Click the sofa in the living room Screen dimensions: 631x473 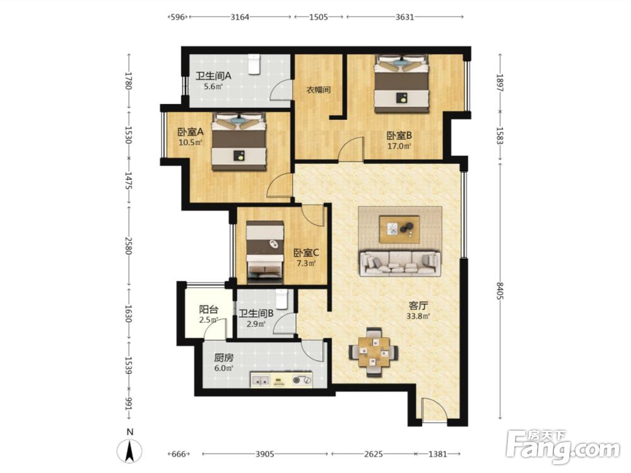point(400,264)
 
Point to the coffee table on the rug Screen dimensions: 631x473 point(399,230)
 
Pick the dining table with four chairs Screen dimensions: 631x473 point(374,352)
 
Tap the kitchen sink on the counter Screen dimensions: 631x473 point(261,380)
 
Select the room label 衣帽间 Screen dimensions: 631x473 point(319,90)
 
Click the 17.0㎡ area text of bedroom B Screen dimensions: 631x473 point(399,146)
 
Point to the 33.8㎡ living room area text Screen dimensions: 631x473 point(418,316)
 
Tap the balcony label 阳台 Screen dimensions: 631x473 point(209,310)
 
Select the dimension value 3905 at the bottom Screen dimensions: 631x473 point(265,454)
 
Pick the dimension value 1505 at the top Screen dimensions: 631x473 point(319,17)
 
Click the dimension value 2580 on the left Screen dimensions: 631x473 point(128,245)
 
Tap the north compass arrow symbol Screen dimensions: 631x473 point(129,450)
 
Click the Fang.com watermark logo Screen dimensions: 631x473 point(563,447)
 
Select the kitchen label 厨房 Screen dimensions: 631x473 point(223,358)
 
